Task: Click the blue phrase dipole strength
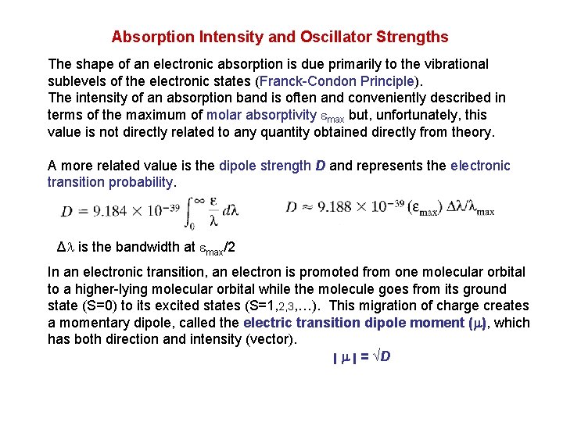click(x=264, y=166)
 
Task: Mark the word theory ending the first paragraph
click(x=473, y=132)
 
